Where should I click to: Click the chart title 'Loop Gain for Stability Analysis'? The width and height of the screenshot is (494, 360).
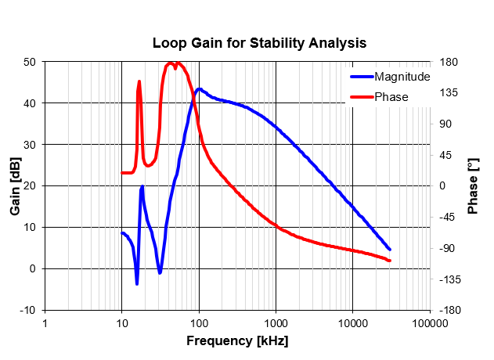tap(259, 43)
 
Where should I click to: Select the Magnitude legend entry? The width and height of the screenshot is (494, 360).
tap(391, 77)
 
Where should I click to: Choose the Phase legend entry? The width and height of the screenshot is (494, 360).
tap(380, 97)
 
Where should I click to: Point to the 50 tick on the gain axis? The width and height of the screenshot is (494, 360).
tap(30, 62)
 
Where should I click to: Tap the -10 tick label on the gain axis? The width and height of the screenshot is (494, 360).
tap(27, 310)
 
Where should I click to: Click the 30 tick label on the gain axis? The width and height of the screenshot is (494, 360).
tap(30, 145)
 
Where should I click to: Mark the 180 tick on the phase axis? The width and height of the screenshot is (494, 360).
tap(449, 62)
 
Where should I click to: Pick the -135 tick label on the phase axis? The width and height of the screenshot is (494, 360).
tap(450, 279)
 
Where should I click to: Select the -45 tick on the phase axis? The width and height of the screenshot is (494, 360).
tap(447, 217)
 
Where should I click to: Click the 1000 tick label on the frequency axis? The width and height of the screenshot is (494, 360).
tap(276, 323)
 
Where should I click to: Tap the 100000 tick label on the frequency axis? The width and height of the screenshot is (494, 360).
tap(431, 323)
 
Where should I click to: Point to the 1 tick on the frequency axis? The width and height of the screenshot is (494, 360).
tap(45, 323)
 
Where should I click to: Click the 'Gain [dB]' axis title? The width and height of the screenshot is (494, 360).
tap(15, 186)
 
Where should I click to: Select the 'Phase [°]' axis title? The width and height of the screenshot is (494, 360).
tap(473, 186)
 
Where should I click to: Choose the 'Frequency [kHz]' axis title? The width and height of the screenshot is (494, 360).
tap(237, 340)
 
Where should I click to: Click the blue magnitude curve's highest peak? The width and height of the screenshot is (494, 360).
tap(199, 89)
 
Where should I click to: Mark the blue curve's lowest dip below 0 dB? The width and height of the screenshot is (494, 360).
tap(137, 283)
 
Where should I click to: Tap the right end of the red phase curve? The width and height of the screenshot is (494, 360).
tap(390, 261)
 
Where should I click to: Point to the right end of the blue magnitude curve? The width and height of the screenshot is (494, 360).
tap(390, 249)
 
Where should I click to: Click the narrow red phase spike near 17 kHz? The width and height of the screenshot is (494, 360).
tap(139, 82)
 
